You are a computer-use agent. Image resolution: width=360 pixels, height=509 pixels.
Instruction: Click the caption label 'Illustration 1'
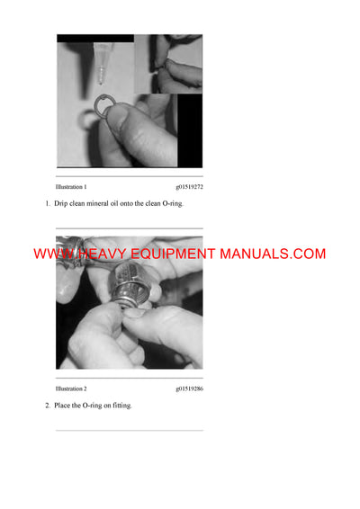[x=71, y=186]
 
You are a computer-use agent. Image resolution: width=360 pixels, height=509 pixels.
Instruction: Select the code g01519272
[x=189, y=186]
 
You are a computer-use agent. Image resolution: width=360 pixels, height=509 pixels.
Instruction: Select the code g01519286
[x=189, y=388]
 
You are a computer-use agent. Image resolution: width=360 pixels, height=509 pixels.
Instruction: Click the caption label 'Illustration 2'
[x=71, y=388]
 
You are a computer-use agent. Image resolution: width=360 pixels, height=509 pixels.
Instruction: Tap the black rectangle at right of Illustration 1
[x=190, y=130]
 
